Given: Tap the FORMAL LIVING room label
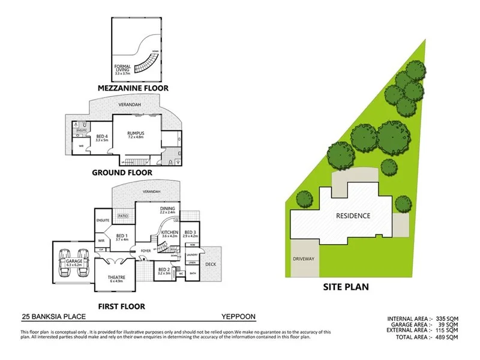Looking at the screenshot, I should pos(122,68).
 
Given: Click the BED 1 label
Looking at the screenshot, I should pos(121,236).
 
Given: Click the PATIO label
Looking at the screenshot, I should pos(124,214).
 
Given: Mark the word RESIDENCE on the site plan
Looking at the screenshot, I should pos(353,215).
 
